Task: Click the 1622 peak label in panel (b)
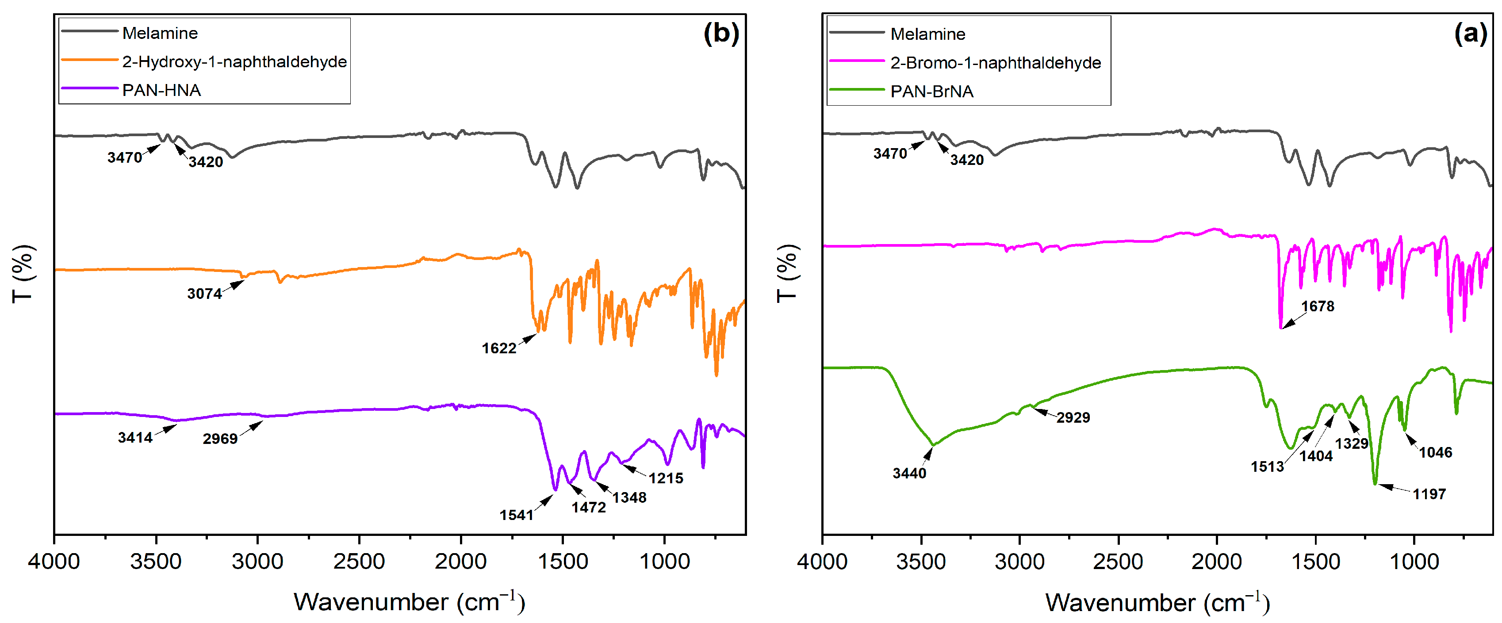(498, 348)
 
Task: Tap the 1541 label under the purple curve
(516, 515)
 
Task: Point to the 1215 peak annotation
(666, 478)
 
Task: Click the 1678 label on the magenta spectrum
(1317, 306)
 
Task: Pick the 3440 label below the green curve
(909, 473)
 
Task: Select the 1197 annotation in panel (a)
(1429, 494)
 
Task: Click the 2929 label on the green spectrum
(1073, 417)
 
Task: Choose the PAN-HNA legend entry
(161, 90)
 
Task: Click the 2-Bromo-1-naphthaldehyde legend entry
(995, 63)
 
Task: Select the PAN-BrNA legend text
(932, 92)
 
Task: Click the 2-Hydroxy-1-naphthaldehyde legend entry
(234, 62)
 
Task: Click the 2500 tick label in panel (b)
(359, 562)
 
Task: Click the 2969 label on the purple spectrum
(220, 439)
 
